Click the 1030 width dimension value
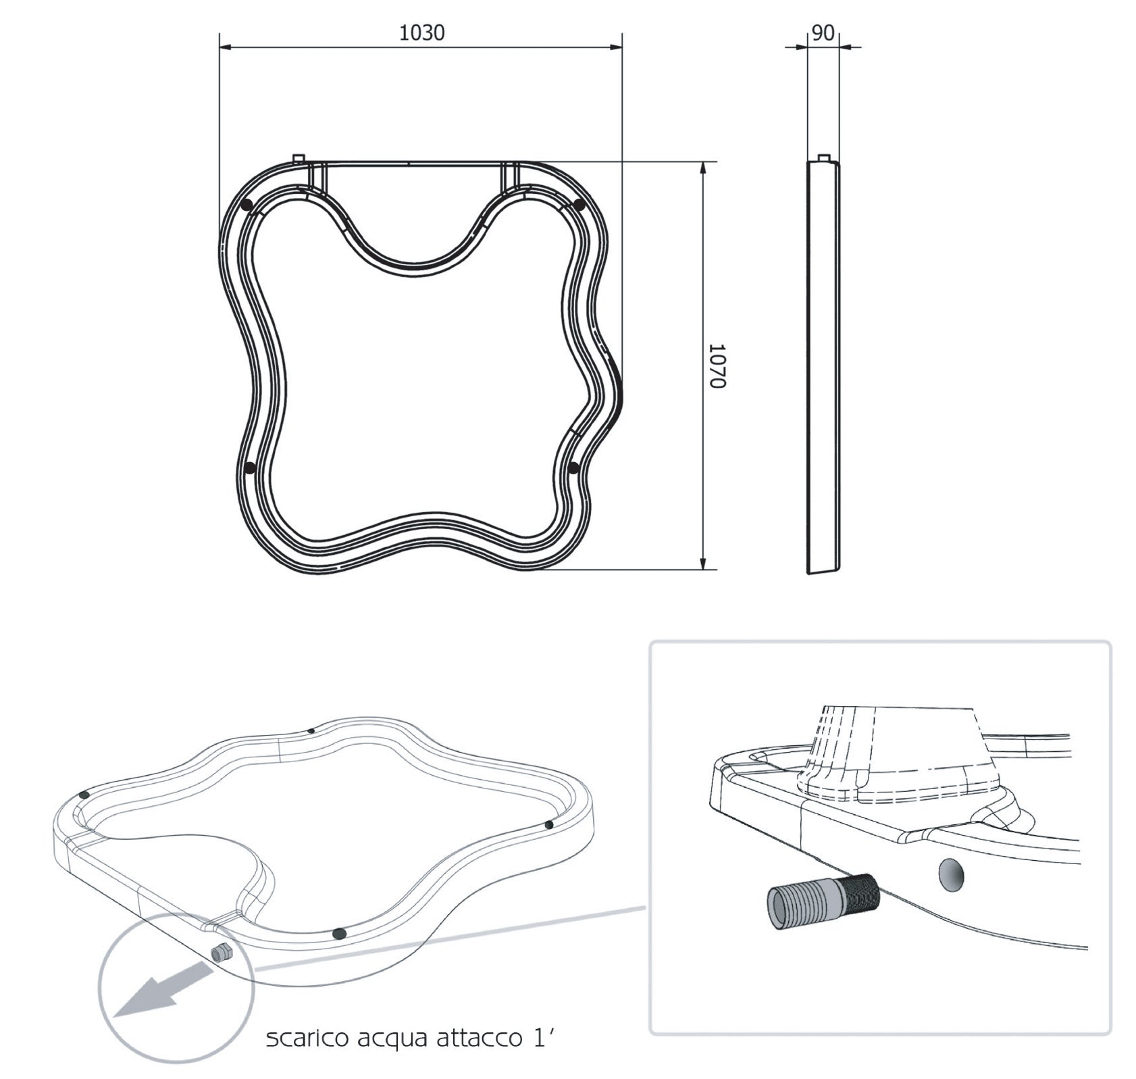pos(421,32)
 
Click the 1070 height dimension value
pos(717,366)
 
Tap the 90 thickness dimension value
pos(823,32)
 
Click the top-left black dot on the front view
pos(247,204)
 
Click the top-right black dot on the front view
pos(579,204)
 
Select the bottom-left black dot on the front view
pos(250,468)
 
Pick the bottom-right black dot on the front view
pos(574,468)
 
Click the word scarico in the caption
pos(303,1038)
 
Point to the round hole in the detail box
pos(952,876)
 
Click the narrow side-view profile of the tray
pos(823,365)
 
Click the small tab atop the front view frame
pos(299,157)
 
